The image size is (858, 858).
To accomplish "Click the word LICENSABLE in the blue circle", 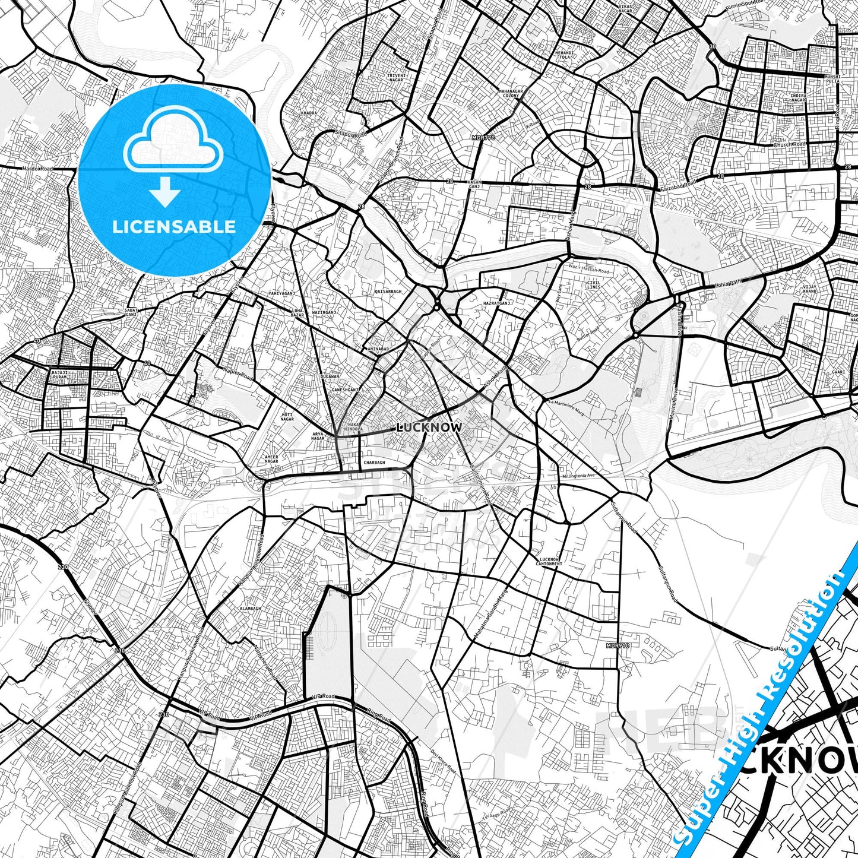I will click(x=174, y=227).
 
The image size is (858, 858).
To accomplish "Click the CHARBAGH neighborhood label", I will click(x=374, y=463).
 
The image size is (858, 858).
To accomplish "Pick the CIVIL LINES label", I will click(x=593, y=284).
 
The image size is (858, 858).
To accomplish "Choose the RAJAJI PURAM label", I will click(x=61, y=374).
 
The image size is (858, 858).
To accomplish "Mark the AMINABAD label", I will click(x=378, y=349).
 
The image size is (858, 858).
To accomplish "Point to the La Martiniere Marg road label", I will click(x=566, y=408).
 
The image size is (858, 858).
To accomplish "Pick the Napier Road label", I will click(x=239, y=373).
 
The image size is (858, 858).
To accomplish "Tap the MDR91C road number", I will click(x=618, y=645).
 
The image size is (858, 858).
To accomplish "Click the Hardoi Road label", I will click(x=38, y=169).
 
